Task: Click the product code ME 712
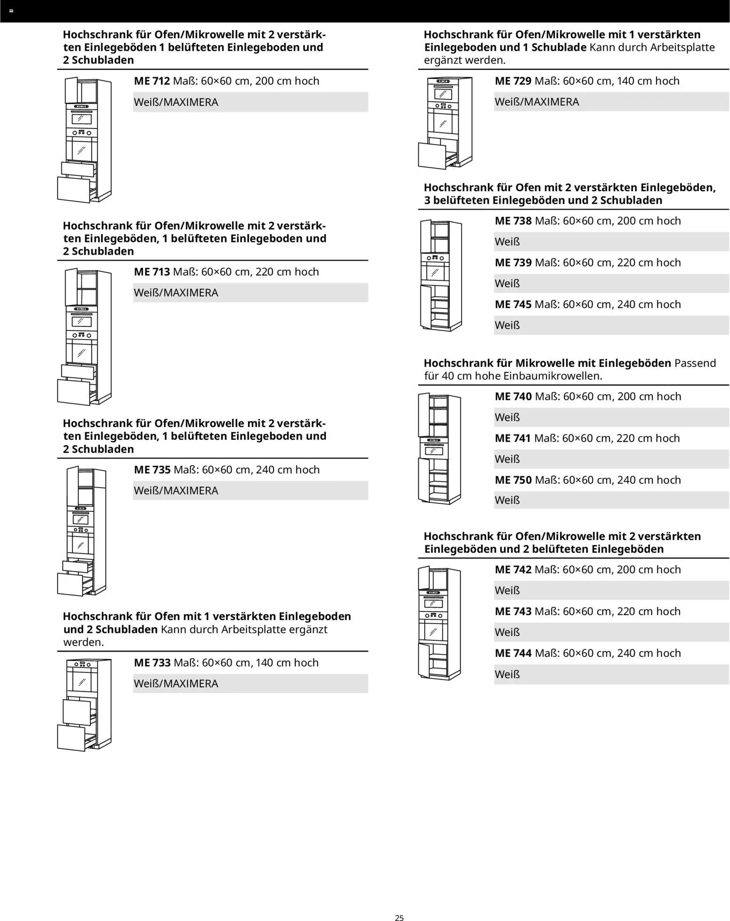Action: tap(152, 81)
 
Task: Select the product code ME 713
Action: tap(152, 272)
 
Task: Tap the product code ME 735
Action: tap(152, 469)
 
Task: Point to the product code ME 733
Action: tap(152, 662)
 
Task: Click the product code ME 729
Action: tap(513, 81)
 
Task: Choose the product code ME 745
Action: tap(513, 304)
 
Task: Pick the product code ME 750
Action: tap(513, 480)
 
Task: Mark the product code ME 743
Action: tap(513, 611)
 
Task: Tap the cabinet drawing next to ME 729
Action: tap(445, 123)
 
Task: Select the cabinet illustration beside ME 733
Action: tap(85, 704)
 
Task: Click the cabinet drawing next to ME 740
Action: tap(439, 449)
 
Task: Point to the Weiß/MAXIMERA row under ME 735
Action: tap(250, 491)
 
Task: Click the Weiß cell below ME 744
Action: tap(611, 674)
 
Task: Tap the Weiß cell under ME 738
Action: tap(611, 242)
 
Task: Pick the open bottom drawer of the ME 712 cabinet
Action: tap(74, 189)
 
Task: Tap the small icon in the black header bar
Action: tap(11, 10)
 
